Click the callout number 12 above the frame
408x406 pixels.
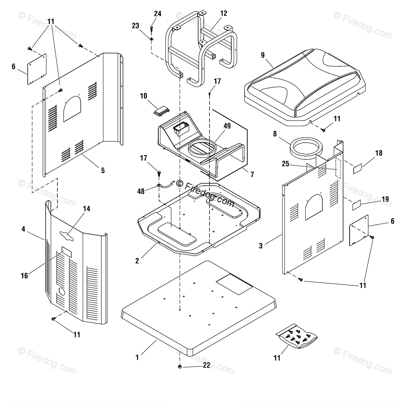(223, 13)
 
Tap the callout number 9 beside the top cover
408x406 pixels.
(262, 55)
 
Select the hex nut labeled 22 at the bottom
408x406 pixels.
(180, 367)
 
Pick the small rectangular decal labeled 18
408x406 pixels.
(357, 169)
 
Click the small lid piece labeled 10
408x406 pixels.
(160, 110)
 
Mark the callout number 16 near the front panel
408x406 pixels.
(24, 276)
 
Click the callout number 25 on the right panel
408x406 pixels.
(285, 164)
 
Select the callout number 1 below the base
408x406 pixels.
(137, 357)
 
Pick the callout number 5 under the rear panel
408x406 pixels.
(103, 170)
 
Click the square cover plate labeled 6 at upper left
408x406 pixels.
(37, 69)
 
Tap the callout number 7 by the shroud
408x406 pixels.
(252, 175)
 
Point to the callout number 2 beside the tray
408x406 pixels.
(137, 261)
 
